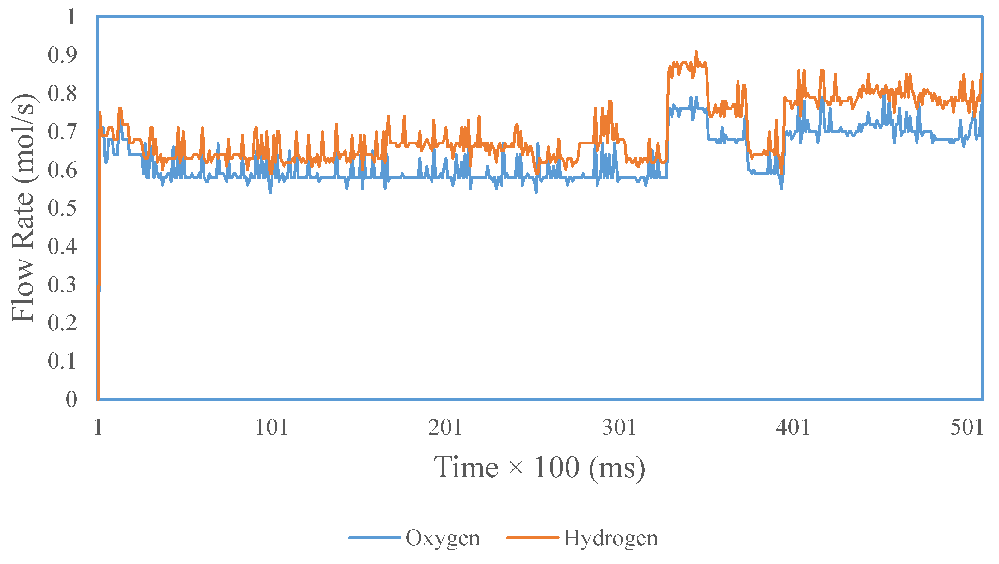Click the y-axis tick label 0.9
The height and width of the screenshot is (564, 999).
click(62, 55)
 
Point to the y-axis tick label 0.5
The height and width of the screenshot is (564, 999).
click(62, 208)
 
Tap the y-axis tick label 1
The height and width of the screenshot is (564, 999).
click(71, 17)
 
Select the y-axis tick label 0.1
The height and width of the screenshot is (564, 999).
click(62, 361)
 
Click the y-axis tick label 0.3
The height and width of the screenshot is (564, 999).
click(62, 285)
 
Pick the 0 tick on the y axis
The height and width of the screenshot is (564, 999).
click(71, 399)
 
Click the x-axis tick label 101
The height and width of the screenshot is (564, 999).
click(272, 427)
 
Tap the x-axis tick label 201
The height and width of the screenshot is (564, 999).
click(445, 427)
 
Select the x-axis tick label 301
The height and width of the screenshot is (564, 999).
click(619, 427)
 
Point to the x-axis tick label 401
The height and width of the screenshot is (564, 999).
click(793, 427)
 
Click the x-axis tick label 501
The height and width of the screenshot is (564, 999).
click(966, 427)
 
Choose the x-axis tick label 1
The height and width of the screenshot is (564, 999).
click(98, 427)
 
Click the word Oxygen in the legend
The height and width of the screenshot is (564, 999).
click(443, 538)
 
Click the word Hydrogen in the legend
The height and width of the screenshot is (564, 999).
click(610, 538)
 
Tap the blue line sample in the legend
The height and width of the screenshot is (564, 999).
click(374, 538)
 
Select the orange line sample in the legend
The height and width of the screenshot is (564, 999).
click(532, 538)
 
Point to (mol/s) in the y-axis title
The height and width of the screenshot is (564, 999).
click(24, 138)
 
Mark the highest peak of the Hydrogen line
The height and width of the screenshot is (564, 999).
click(696, 51)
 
